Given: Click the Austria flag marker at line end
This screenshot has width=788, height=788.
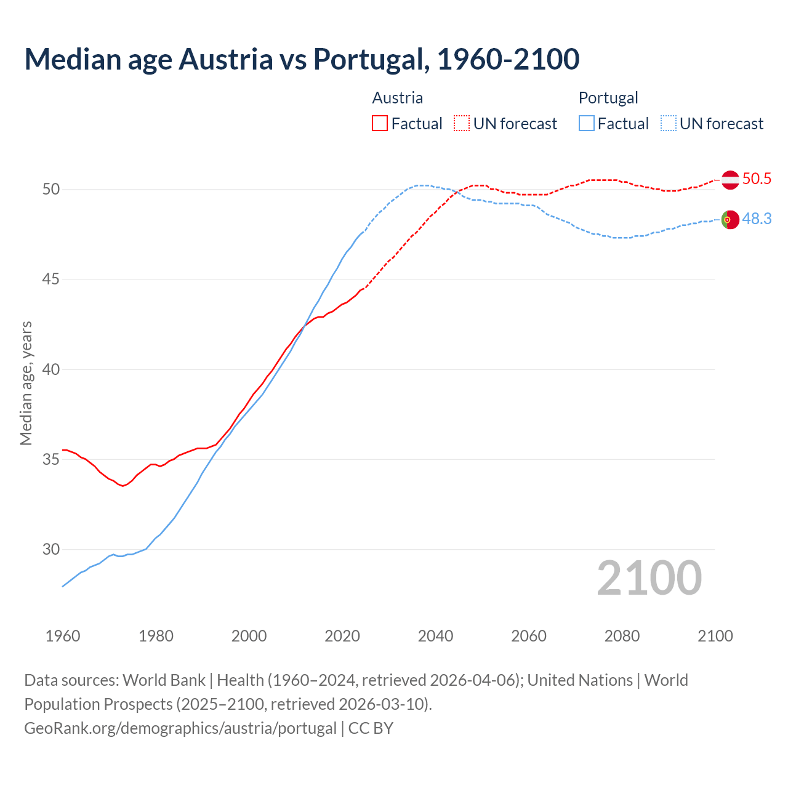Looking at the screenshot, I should point(730,180).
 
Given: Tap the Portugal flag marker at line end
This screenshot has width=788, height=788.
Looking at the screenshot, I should point(730,219).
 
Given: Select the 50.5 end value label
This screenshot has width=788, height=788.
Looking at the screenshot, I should point(757,179).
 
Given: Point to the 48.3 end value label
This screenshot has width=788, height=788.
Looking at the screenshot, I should point(757,219).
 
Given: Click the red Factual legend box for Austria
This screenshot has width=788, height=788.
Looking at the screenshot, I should point(380,124).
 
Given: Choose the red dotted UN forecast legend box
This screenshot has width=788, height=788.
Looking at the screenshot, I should point(462,124).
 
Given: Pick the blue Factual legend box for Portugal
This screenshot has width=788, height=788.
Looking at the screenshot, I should point(587,124).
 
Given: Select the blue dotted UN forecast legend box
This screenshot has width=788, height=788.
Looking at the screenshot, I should point(668,124).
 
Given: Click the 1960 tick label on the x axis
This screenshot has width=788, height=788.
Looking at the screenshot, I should point(63,636).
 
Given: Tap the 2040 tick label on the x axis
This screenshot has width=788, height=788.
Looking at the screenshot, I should point(435,636).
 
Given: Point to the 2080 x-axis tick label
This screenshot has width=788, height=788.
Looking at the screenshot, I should point(622,636).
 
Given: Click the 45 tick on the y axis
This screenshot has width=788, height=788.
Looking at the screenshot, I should point(51,279).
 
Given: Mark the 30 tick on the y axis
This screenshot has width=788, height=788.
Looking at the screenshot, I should point(51,549).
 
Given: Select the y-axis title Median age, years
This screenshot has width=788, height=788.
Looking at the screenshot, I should point(26,383).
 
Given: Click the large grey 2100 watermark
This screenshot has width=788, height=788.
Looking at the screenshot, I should point(649,578).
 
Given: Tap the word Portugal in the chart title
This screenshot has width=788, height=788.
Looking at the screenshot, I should point(368,59).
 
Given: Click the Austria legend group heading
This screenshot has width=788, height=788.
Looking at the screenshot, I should point(398,98).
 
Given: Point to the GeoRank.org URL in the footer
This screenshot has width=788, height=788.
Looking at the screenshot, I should point(180,728).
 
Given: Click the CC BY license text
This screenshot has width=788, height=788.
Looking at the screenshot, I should point(371,728).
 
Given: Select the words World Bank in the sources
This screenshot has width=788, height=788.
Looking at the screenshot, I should point(164,680).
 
